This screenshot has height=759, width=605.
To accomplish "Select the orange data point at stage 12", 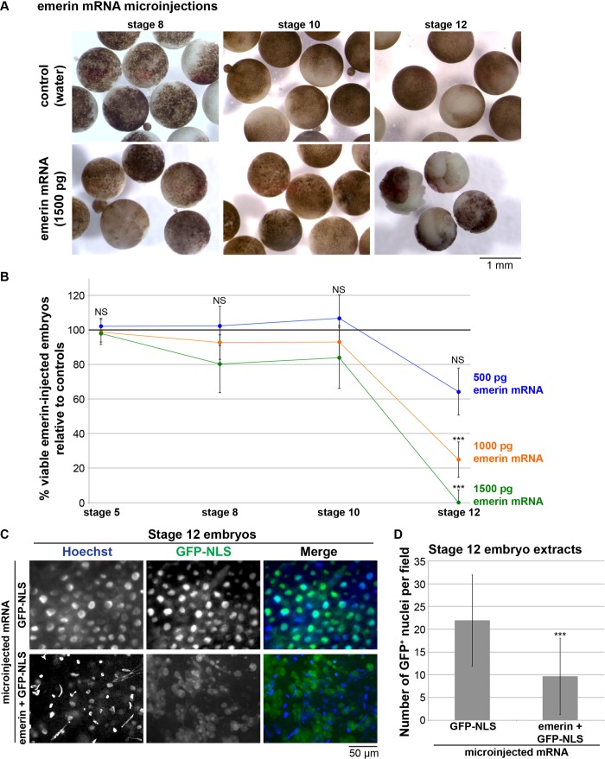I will [x=458, y=459].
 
